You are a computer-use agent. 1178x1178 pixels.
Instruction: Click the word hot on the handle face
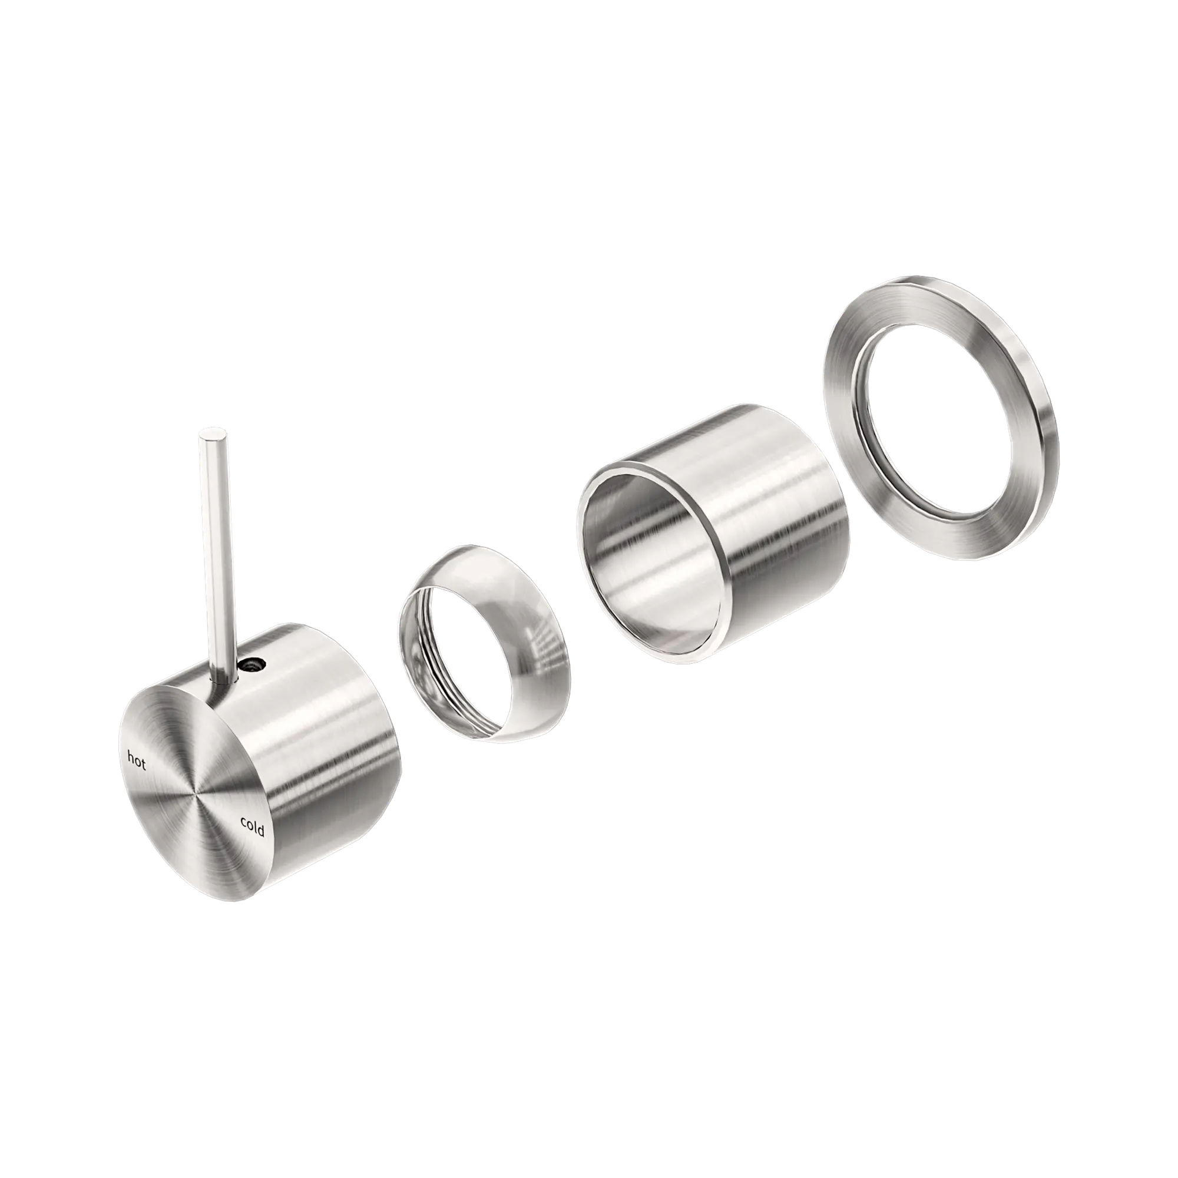136,761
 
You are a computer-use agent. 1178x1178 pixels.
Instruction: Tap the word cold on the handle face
252,827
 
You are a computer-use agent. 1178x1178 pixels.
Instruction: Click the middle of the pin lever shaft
214,549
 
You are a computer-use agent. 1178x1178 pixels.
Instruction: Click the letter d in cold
262,831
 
